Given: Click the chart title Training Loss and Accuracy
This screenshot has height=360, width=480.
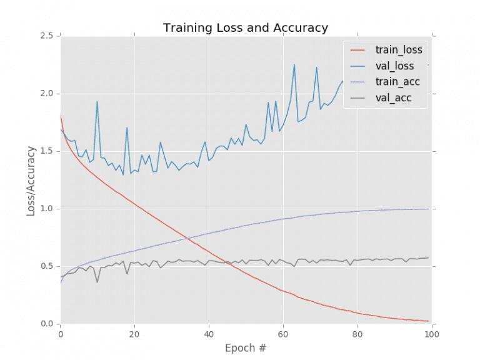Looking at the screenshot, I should pyautogui.click(x=245, y=28).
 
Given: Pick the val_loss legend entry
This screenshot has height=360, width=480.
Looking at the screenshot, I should pyautogui.click(x=394, y=66).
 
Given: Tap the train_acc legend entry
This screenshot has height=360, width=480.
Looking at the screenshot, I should pyautogui.click(x=396, y=81).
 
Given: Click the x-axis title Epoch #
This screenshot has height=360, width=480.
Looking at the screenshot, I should pyautogui.click(x=244, y=348).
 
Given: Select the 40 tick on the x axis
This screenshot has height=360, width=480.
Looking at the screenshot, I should pyautogui.click(x=208, y=334).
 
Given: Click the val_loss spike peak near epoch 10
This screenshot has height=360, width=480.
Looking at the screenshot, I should pyautogui.click(x=97, y=101).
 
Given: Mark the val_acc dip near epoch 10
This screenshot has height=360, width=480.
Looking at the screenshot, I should pyautogui.click(x=97, y=282).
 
